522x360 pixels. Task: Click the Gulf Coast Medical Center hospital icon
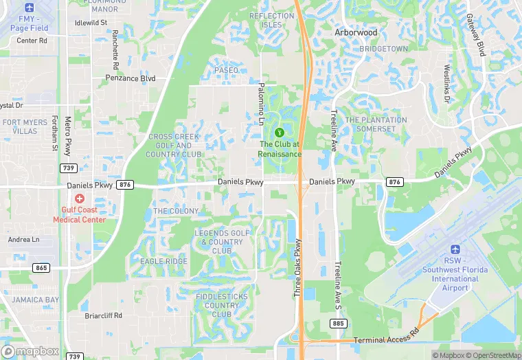pyautogui.click(x=79, y=199)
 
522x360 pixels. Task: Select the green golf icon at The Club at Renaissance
pyautogui.click(x=280, y=132)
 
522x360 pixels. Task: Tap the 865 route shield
pyautogui.click(x=43, y=267)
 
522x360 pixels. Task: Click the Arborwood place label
pyautogui.click(x=356, y=32)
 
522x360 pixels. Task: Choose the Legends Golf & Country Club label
pyautogui.click(x=222, y=242)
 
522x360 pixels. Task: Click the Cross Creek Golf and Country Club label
pyautogui.click(x=174, y=146)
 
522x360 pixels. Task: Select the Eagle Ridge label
pyautogui.click(x=163, y=261)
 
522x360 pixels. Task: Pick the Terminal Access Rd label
pyautogui.click(x=385, y=340)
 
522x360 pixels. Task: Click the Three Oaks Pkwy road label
pyautogui.click(x=298, y=268)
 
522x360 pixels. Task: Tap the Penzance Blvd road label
pyautogui.click(x=130, y=78)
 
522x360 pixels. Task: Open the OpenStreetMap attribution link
pyautogui.click(x=488, y=355)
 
